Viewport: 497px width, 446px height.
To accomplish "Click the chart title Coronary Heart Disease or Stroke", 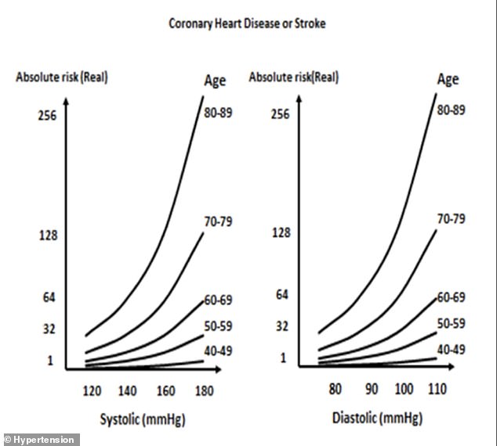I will pyautogui.click(x=247, y=23).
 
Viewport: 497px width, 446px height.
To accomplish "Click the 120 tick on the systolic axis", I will pyautogui.click(x=93, y=389).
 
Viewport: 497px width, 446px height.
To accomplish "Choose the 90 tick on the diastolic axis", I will pyautogui.click(x=370, y=389).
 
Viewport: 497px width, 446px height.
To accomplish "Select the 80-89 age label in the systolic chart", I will pyautogui.click(x=217, y=111).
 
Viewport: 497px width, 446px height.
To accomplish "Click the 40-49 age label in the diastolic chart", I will pyautogui.click(x=451, y=349).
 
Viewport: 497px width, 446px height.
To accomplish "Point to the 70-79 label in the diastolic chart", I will pyautogui.click(x=451, y=218).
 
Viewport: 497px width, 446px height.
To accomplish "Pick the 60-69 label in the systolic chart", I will pyautogui.click(x=217, y=300).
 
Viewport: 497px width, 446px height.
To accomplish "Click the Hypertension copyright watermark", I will pyautogui.click(x=40, y=440).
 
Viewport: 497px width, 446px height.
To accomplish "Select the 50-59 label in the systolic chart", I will pyautogui.click(x=217, y=326).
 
